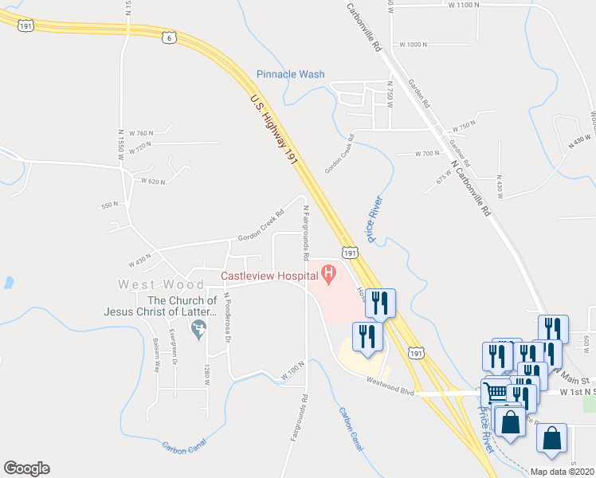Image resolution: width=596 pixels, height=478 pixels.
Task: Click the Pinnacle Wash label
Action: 290,74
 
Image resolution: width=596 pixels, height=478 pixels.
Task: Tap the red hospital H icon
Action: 329,276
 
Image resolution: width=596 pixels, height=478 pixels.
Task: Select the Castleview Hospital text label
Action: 269,276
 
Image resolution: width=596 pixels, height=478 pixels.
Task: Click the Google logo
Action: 26,468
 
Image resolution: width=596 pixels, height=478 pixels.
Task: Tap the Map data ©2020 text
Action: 562,472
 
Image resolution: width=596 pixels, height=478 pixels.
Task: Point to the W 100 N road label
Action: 292,373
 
